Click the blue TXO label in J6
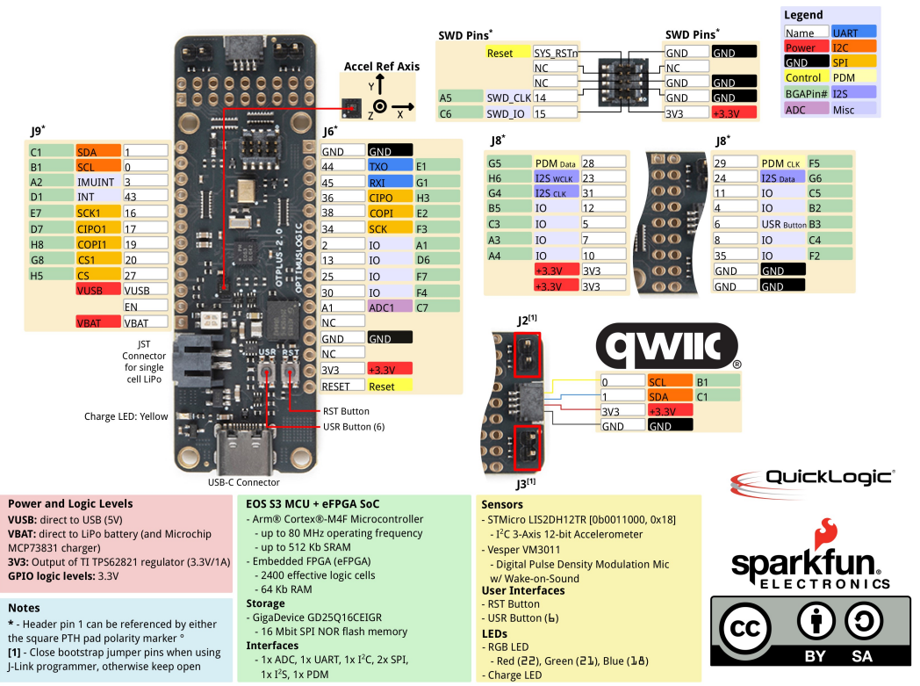click(x=390, y=166)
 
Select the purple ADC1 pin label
click(x=390, y=307)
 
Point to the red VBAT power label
click(x=97, y=322)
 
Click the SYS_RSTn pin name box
click(x=556, y=53)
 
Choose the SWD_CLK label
click(x=507, y=97)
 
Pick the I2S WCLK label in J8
click(x=556, y=178)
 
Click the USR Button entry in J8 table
click(x=783, y=224)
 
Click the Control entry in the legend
click(x=805, y=78)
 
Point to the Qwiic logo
click(x=665, y=347)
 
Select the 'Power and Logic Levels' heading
click(x=70, y=503)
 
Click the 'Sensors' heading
click(x=501, y=504)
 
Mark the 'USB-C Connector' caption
click(x=245, y=482)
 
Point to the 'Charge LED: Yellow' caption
click(x=125, y=416)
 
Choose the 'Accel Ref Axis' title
click(x=381, y=66)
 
